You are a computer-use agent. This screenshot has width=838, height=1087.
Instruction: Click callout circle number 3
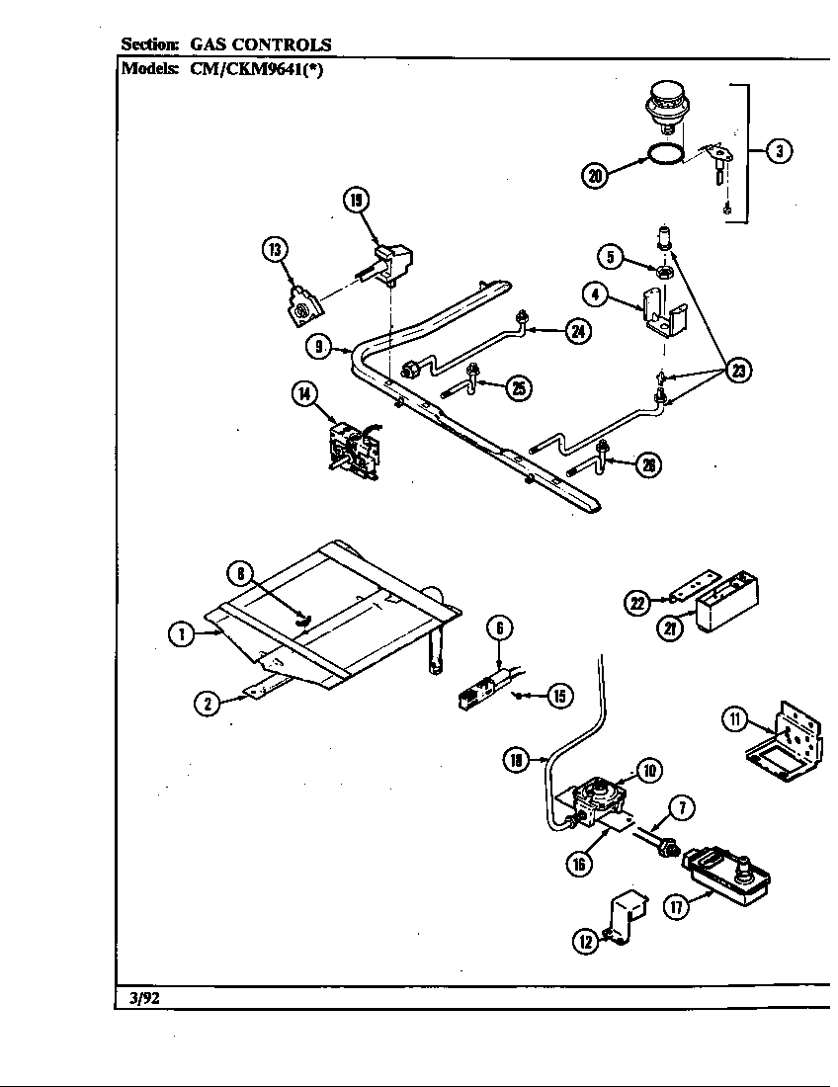[x=779, y=151]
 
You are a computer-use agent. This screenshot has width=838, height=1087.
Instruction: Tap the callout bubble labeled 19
[x=355, y=202]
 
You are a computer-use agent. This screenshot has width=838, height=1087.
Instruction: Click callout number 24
[x=578, y=331]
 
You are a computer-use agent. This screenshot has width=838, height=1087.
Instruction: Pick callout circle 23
[x=737, y=371]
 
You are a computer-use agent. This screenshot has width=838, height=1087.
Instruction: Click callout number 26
[x=648, y=464]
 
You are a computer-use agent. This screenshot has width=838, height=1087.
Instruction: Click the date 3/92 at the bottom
[x=144, y=998]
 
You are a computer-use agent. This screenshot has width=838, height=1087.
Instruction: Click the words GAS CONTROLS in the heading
[x=261, y=44]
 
